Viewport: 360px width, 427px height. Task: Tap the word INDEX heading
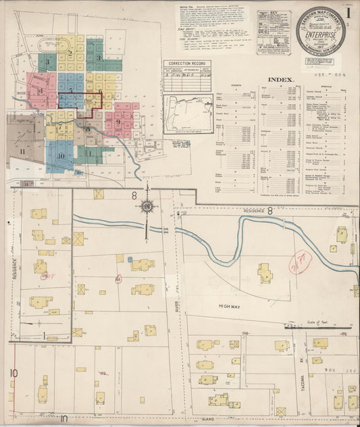pos(281,79)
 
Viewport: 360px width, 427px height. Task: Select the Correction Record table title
pos(186,63)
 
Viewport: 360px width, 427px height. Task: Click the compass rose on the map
pos(147,207)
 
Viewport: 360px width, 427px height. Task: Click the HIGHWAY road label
pos(231,306)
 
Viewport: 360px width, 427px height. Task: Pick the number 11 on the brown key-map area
pos(22,152)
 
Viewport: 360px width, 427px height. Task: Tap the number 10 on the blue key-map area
pos(61,156)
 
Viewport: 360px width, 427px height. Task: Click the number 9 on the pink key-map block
pos(118,122)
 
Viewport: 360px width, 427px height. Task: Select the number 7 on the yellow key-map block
pos(60,126)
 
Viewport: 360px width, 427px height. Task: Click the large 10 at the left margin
pos(13,373)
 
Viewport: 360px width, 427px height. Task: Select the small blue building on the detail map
pos(129,259)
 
